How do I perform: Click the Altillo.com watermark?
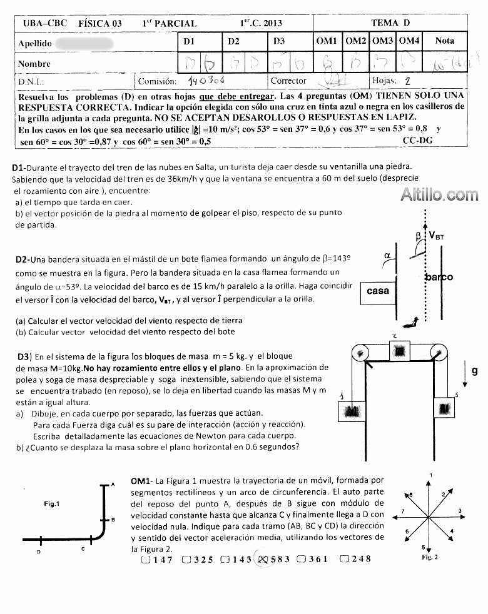point(439,194)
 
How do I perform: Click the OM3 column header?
point(382,41)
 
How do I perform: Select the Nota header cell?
point(444,41)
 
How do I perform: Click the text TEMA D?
point(390,23)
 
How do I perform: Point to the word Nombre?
point(34,64)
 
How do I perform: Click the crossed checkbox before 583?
point(263,559)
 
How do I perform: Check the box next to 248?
point(343,559)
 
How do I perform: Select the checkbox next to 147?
point(145,559)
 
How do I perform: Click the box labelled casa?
point(377,291)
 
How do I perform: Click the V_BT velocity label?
point(437,235)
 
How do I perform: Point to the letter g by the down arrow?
point(474,371)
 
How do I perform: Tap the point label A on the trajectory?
point(112,485)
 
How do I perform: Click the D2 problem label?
point(21,259)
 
